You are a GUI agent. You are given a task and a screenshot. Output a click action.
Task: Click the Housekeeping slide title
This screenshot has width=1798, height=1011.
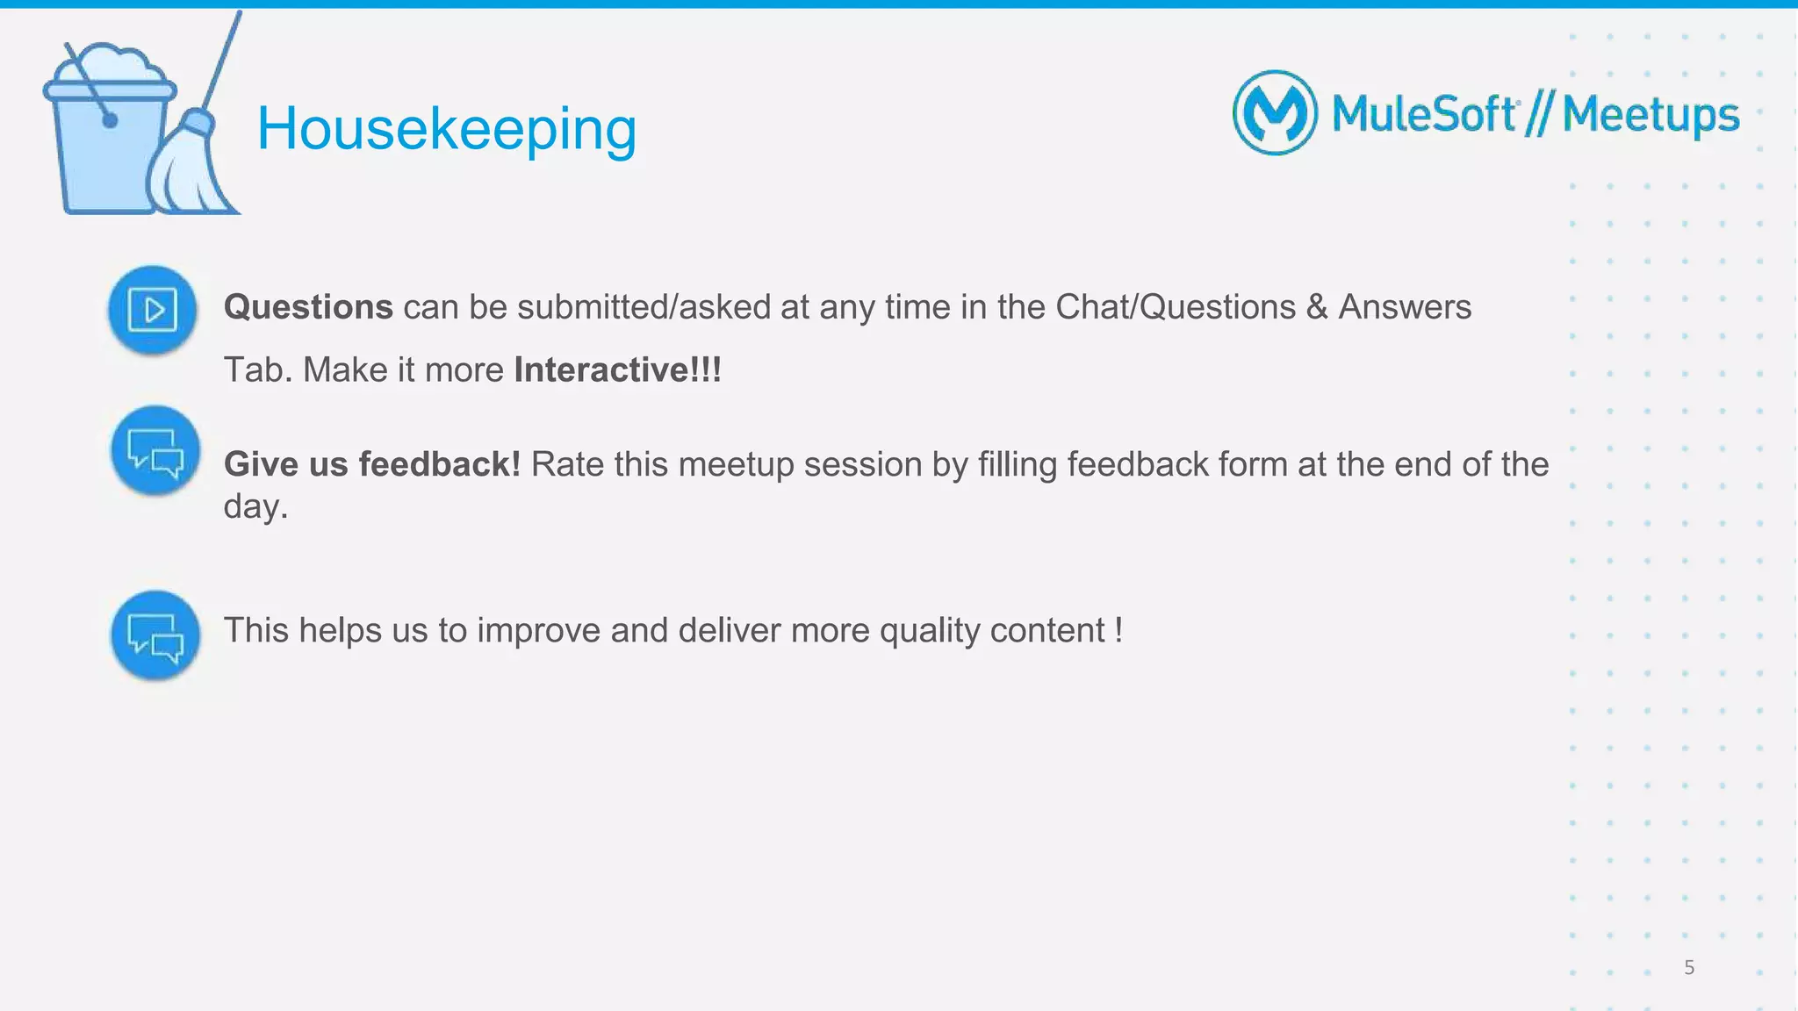coord(446,129)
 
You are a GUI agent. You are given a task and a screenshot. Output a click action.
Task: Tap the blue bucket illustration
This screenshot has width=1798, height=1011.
coord(105,140)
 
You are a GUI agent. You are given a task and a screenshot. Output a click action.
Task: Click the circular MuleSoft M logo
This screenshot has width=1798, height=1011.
coord(1275,113)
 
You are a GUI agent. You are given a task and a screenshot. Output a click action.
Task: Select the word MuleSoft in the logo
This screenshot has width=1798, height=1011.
coord(1423,114)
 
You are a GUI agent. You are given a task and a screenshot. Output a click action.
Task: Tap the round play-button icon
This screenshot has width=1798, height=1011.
coord(152,310)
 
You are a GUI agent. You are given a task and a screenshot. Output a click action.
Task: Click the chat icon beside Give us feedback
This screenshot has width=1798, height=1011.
coord(155,450)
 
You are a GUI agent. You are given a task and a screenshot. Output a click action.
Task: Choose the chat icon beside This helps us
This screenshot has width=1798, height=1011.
coord(155,635)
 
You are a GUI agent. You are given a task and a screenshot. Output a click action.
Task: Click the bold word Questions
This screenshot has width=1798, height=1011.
coord(308,307)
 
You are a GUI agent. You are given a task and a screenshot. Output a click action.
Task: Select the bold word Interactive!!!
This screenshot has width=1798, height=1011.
coord(617,369)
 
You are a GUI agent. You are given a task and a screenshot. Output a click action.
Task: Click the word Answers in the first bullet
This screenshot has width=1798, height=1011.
coord(1405,307)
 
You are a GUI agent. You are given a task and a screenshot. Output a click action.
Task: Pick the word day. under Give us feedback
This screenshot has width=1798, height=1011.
coord(255,506)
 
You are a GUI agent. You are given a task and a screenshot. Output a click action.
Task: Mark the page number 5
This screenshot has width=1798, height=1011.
coord(1689,968)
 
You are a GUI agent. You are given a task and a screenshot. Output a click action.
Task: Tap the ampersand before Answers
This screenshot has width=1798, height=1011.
coord(1317,307)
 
